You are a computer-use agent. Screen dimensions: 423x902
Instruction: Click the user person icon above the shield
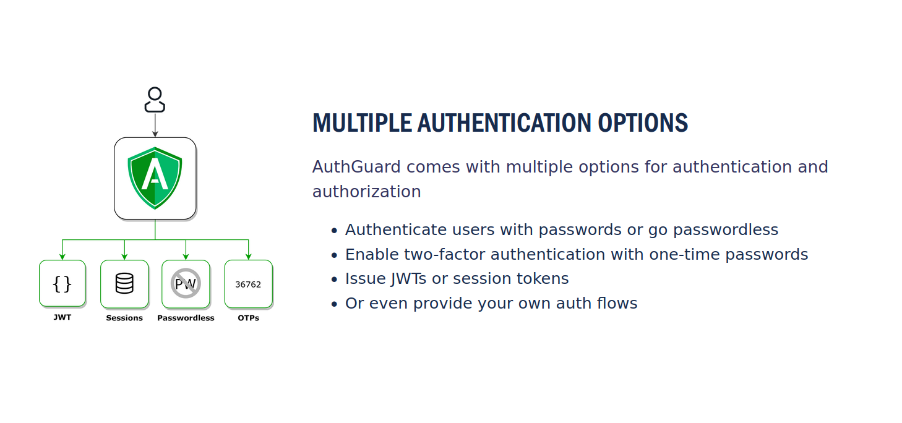coord(155,100)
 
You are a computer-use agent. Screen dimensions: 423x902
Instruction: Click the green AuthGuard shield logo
coord(155,177)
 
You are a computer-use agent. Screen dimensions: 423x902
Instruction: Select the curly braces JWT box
coord(62,284)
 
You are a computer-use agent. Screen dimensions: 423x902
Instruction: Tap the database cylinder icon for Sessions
coord(124,284)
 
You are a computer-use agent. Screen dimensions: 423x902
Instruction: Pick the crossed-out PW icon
coord(186,284)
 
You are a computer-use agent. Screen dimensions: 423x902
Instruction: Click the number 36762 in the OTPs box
coord(248,284)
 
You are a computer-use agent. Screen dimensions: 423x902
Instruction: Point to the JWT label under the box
coord(62,317)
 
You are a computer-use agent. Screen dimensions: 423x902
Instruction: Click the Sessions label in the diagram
coord(124,318)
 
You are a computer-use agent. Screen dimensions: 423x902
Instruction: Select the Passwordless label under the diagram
coord(186,318)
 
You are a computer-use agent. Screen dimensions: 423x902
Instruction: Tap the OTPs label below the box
coord(248,318)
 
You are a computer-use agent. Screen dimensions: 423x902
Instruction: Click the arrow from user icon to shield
coord(155,125)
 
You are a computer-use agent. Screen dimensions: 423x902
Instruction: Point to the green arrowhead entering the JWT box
coord(62,257)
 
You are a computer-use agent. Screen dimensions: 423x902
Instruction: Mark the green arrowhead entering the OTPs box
coord(248,257)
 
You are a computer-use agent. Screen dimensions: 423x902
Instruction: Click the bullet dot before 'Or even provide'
coord(334,304)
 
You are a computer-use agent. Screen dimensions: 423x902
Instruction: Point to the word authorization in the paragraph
coord(366,192)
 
